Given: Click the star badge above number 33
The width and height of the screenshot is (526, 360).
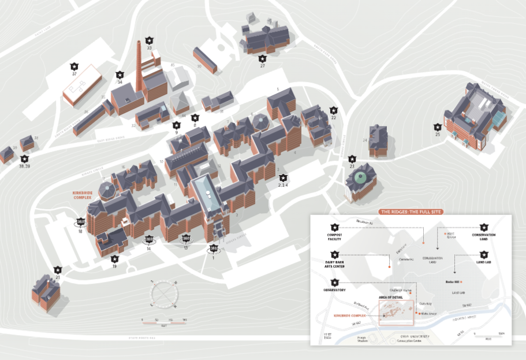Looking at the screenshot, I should pyautogui.click(x=150, y=40).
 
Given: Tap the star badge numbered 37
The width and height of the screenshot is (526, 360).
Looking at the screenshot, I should pyautogui.click(x=74, y=66).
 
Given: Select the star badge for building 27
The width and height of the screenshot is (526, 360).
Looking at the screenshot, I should pyautogui.click(x=263, y=58).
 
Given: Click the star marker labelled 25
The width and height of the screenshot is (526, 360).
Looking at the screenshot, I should pyautogui.click(x=438, y=127).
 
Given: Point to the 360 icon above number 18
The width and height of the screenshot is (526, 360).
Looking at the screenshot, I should pyautogui.click(x=80, y=221).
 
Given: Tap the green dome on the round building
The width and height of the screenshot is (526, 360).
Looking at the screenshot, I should pyautogui.click(x=362, y=176).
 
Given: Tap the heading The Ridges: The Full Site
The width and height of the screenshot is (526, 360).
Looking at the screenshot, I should pyautogui.click(x=410, y=211).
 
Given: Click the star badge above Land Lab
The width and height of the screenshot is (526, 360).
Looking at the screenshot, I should pyautogui.click(x=484, y=254).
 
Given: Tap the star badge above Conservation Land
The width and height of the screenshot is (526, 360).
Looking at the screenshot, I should pyautogui.click(x=484, y=227).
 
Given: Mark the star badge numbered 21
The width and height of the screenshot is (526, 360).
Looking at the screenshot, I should pyautogui.click(x=58, y=269).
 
